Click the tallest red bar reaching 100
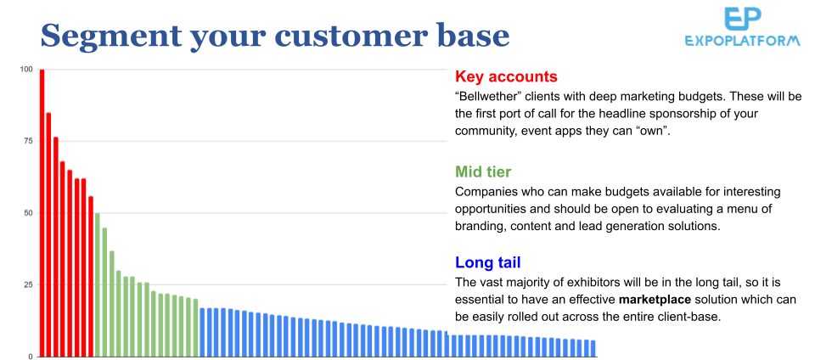click(42, 213)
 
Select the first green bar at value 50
click(97, 284)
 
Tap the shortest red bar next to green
click(91, 276)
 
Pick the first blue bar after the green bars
click(202, 333)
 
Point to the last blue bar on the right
click(593, 349)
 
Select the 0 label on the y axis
click(31, 357)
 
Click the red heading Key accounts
click(506, 77)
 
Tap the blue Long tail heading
click(487, 262)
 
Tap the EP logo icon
click(743, 20)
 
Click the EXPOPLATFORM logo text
click(743, 41)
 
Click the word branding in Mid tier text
click(477, 227)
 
